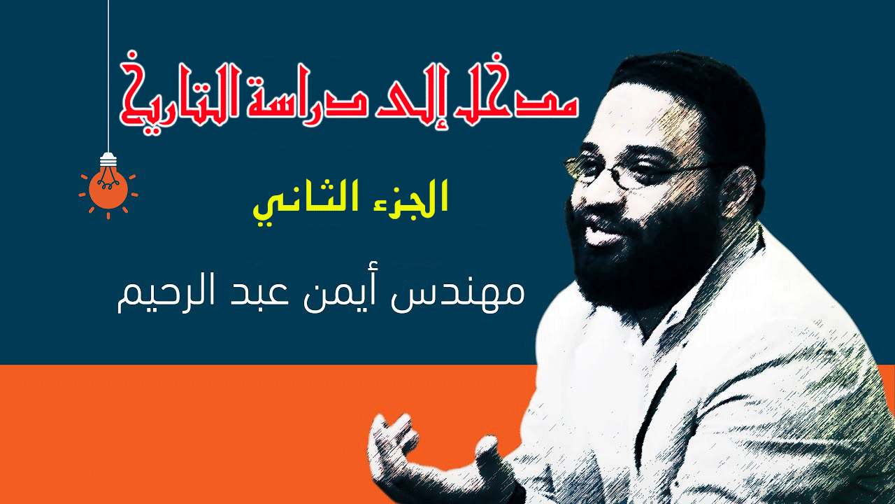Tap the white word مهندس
pos(457,294)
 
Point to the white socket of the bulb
pos(108,160)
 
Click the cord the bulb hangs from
pos(108,76)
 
